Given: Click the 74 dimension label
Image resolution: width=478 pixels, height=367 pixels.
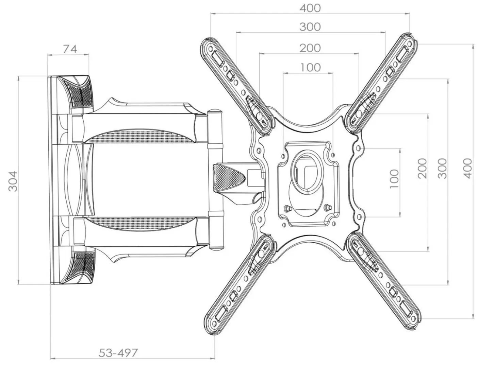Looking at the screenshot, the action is (x=70, y=49).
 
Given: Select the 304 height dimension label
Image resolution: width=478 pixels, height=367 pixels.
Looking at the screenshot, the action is (x=13, y=181).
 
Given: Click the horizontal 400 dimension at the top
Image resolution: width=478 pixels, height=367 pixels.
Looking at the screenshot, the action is (x=310, y=8).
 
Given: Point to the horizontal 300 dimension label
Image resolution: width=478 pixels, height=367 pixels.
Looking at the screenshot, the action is (x=310, y=27).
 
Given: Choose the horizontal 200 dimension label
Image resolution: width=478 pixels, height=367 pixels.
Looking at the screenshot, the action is (x=310, y=48).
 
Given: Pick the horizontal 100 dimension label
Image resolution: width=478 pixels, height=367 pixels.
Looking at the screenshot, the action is (x=310, y=67).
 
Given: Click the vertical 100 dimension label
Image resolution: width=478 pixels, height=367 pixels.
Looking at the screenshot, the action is (x=394, y=179).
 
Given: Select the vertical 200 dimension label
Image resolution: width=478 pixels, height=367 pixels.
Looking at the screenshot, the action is (x=422, y=168).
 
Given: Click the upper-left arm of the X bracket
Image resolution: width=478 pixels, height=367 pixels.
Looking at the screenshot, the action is (x=237, y=86).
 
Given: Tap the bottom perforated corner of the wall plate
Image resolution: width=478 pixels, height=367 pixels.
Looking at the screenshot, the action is (x=80, y=268).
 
